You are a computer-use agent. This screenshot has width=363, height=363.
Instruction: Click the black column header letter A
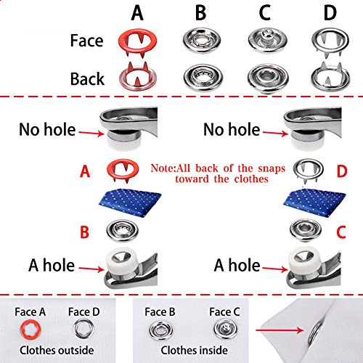pyautogui.click(x=137, y=13)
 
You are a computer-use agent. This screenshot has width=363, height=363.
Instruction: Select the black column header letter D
pyautogui.click(x=330, y=13)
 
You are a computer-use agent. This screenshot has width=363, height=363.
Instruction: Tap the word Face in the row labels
pyautogui.click(x=86, y=41)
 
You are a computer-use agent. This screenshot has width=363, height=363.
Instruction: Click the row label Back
pyautogui.click(x=87, y=78)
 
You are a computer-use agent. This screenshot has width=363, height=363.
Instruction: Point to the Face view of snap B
pyautogui.click(x=202, y=41)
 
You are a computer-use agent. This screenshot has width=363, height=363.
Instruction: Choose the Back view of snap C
pyautogui.click(x=268, y=78)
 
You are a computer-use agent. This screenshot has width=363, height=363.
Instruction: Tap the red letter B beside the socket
pyautogui.click(x=84, y=232)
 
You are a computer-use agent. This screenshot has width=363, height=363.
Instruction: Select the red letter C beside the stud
pyautogui.click(x=341, y=232)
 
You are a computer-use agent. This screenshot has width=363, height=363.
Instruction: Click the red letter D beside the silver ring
pyautogui.click(x=342, y=171)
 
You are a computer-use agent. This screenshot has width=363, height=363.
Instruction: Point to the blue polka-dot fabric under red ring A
pyautogui.click(x=130, y=202)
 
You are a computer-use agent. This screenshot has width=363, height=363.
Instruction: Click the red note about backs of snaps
pyautogui.click(x=218, y=174)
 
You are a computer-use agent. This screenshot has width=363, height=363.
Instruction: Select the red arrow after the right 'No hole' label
pyautogui.click(x=276, y=133)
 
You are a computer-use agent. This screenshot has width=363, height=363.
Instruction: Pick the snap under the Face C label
pyautogui.click(x=226, y=329)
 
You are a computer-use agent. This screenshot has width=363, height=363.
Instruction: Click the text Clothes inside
pyautogui.click(x=194, y=350)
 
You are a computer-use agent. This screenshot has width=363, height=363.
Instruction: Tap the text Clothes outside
pyautogui.click(x=57, y=350)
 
